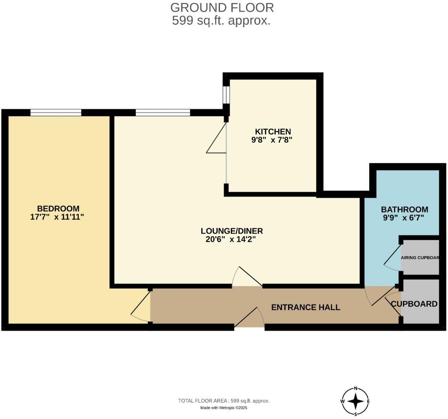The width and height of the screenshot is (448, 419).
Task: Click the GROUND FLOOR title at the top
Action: (x=222, y=7)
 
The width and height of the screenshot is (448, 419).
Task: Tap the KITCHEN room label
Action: (x=273, y=132)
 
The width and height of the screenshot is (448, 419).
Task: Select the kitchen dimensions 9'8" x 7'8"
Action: (x=272, y=140)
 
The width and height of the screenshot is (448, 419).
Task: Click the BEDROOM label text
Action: (x=58, y=209)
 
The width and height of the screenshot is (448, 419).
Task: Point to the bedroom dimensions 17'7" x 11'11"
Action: (x=57, y=217)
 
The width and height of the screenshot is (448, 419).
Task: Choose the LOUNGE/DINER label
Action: (x=232, y=231)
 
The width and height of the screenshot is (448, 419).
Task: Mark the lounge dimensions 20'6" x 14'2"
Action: (x=231, y=239)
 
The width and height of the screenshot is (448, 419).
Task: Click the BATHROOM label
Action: (x=404, y=209)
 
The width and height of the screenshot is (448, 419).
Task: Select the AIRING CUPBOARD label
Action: (x=420, y=258)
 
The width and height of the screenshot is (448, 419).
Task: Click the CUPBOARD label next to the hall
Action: (x=414, y=304)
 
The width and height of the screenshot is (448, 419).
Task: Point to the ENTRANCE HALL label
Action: (x=306, y=307)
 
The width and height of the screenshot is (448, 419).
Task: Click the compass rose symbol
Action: (x=355, y=401)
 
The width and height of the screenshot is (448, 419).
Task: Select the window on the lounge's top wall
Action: (x=163, y=112)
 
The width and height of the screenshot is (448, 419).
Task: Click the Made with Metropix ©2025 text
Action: (x=224, y=408)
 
